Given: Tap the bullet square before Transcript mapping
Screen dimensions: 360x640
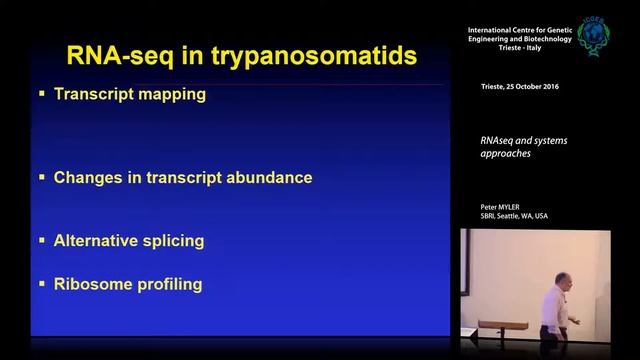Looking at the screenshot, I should tap(42, 94).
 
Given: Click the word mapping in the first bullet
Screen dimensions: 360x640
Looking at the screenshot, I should tap(173, 96).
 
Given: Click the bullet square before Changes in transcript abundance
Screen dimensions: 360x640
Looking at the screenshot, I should tap(42, 177).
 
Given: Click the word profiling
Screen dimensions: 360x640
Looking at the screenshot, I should tap(167, 285).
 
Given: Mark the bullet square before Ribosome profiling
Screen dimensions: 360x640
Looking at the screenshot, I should tap(42, 283).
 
